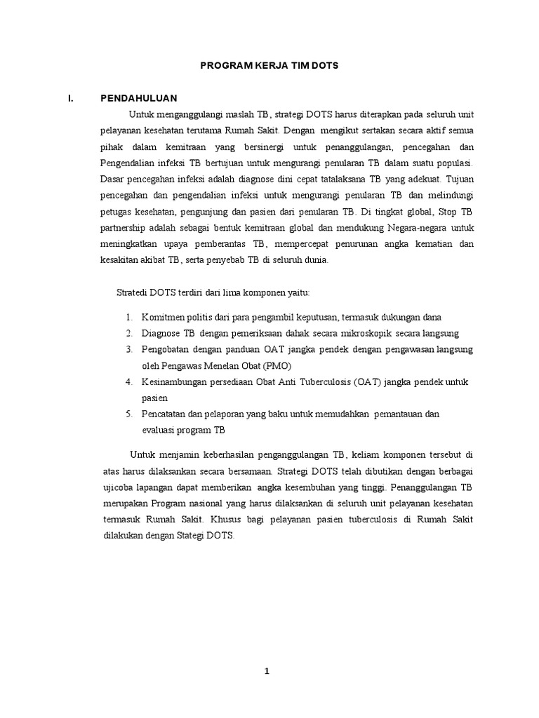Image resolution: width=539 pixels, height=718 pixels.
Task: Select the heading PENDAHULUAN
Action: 139,98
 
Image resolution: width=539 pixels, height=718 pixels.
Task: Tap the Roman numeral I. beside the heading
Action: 71,98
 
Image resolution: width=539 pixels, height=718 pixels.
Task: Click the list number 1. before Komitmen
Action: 130,317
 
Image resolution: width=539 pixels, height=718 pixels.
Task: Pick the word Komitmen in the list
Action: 161,317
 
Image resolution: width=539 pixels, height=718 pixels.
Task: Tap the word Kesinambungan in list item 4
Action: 173,381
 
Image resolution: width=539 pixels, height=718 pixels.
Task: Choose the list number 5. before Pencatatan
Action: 130,414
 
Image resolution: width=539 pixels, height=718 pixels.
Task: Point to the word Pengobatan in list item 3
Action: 166,348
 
